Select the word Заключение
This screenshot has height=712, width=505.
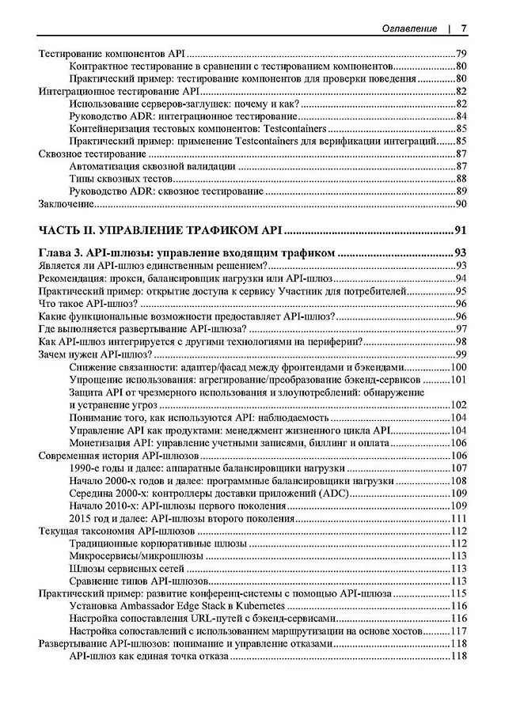66,204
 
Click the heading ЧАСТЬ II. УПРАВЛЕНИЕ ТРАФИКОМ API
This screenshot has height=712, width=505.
160,232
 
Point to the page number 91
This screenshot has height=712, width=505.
461,232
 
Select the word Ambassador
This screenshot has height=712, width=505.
148,605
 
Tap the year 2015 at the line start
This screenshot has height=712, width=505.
81,518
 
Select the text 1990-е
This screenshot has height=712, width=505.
84,468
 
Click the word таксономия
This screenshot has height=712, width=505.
112,531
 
